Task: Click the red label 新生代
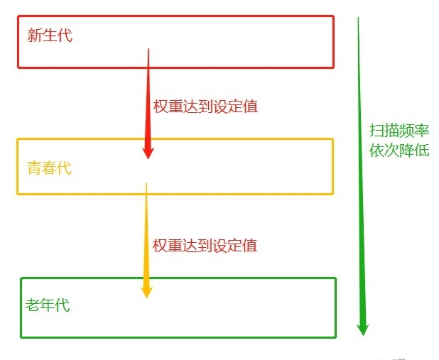(x=50, y=36)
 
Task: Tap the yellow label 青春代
(x=49, y=168)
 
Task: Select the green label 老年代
(x=48, y=305)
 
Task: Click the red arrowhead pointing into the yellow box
(x=148, y=152)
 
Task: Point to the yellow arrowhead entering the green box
(x=146, y=291)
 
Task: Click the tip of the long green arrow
(x=363, y=335)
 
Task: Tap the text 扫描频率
(x=399, y=130)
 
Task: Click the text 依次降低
(x=399, y=151)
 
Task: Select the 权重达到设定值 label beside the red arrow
(x=205, y=107)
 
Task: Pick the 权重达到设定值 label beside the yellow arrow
(x=205, y=246)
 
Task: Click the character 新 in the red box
(x=35, y=36)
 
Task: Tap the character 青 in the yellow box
(x=34, y=168)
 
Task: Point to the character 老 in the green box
(x=33, y=305)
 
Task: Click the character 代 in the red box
(x=65, y=36)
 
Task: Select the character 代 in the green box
(x=63, y=305)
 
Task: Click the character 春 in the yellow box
(x=49, y=168)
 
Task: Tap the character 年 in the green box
(x=48, y=305)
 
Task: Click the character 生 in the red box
(x=50, y=36)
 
